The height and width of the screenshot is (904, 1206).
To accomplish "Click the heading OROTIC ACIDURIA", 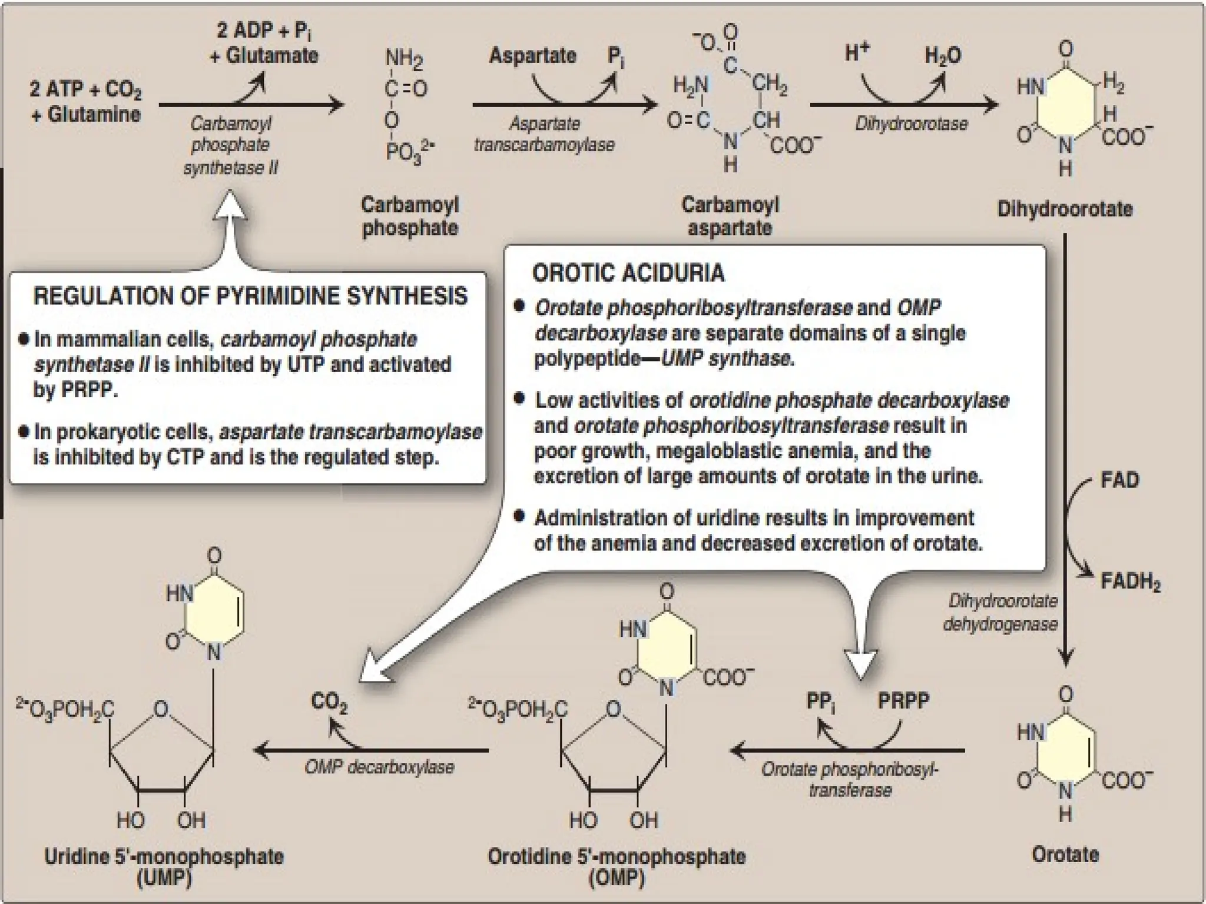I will click(628, 273).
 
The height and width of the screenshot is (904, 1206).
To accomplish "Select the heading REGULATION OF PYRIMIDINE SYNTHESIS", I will click(250, 296).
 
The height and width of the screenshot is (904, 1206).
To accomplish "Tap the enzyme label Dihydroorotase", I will click(911, 124).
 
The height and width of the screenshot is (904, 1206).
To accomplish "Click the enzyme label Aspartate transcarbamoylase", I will click(544, 134).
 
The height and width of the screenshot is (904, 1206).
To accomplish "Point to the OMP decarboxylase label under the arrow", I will click(379, 767).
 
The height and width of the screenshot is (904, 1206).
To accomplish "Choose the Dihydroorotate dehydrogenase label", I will click(1001, 612).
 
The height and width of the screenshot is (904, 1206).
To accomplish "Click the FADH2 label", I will click(1130, 582).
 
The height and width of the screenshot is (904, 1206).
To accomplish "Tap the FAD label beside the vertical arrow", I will click(1119, 480).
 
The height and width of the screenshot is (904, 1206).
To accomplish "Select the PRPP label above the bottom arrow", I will click(903, 701).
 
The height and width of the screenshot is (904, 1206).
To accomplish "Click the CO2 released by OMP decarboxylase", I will click(329, 703).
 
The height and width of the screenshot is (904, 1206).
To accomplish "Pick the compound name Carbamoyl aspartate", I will click(730, 216).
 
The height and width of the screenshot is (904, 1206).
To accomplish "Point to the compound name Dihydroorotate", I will click(1065, 209).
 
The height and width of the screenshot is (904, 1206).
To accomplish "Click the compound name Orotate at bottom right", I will click(1065, 854).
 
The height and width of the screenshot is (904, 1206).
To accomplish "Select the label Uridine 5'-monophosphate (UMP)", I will click(164, 866).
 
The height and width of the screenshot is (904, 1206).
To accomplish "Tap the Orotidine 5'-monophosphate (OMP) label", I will click(616, 866).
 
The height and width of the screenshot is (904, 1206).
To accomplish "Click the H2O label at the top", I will click(942, 56).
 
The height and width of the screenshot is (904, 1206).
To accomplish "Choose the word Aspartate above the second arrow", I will click(532, 56).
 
